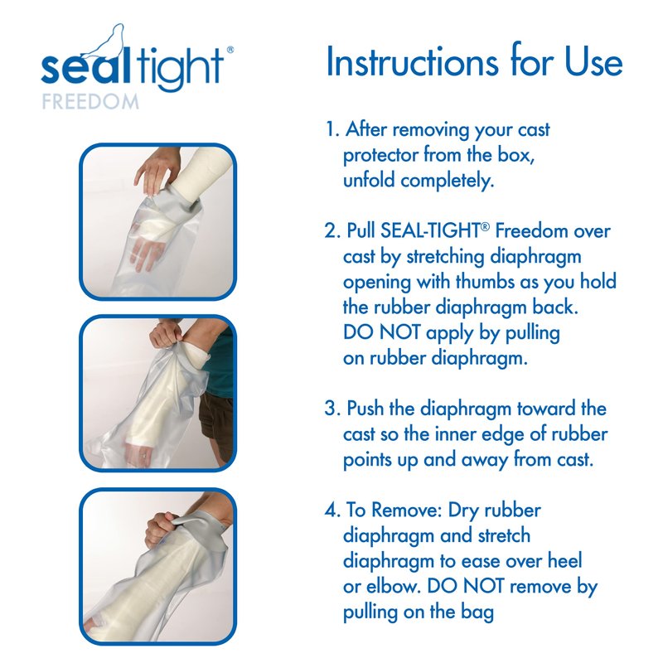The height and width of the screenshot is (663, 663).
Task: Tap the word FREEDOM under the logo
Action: [x=90, y=102]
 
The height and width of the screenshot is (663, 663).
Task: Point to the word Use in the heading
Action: [x=593, y=63]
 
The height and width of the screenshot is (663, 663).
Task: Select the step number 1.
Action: [x=331, y=129]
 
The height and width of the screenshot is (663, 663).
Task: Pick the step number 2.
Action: [x=332, y=231]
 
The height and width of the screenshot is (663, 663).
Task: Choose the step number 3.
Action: [x=332, y=409]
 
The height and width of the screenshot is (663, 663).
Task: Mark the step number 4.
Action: [x=332, y=511]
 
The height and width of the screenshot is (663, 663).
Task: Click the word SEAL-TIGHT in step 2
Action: [x=430, y=231]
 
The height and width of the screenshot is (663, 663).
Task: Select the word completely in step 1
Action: [x=447, y=181]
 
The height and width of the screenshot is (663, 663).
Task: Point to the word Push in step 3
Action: [x=365, y=409]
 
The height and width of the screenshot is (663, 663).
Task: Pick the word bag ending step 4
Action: [x=477, y=612]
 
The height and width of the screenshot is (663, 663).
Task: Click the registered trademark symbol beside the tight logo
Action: [x=230, y=50]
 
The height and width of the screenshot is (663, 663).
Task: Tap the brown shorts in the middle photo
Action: [x=217, y=427]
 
